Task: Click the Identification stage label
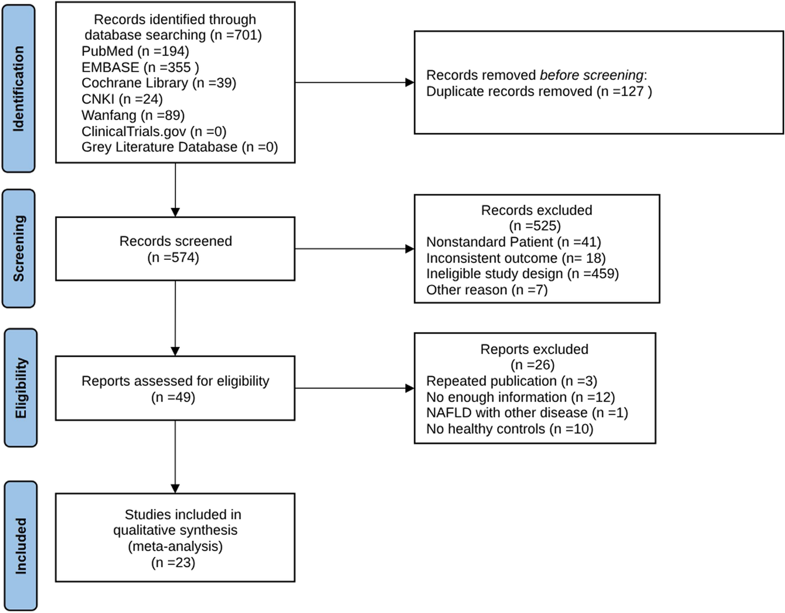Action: click(18, 89)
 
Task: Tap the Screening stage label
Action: click(18, 248)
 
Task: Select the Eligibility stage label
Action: click(21, 388)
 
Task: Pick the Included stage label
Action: click(21, 546)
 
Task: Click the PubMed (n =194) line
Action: click(135, 51)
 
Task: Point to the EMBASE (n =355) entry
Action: click(140, 67)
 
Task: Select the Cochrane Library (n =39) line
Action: click(159, 83)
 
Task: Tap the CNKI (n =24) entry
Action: click(122, 99)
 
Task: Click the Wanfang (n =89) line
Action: click(133, 115)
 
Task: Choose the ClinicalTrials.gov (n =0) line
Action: click(154, 131)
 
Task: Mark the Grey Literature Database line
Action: click(180, 147)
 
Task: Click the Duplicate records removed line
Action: click(539, 91)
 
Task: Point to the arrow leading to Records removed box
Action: click(354, 82)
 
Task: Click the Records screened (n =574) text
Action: click(176, 249)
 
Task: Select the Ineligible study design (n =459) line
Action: click(522, 274)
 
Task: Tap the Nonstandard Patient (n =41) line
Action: click(513, 242)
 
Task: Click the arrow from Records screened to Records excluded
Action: click(354, 249)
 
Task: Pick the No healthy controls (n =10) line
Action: click(510, 429)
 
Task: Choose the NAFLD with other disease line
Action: click(527, 413)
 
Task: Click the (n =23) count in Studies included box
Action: click(173, 562)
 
